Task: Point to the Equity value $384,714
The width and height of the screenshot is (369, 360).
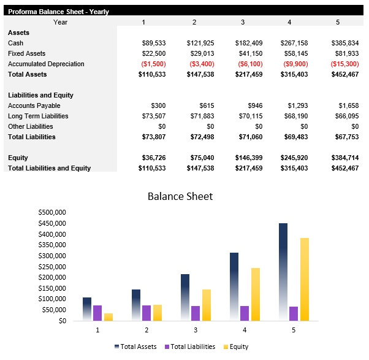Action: click(344, 158)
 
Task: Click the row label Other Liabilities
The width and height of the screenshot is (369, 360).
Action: click(29, 126)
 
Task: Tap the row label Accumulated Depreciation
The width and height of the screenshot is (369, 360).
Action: click(46, 64)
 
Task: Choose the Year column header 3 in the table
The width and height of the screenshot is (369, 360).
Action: click(243, 22)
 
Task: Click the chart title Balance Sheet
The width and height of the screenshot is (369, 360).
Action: click(180, 196)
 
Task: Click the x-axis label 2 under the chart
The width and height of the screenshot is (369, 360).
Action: click(146, 330)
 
